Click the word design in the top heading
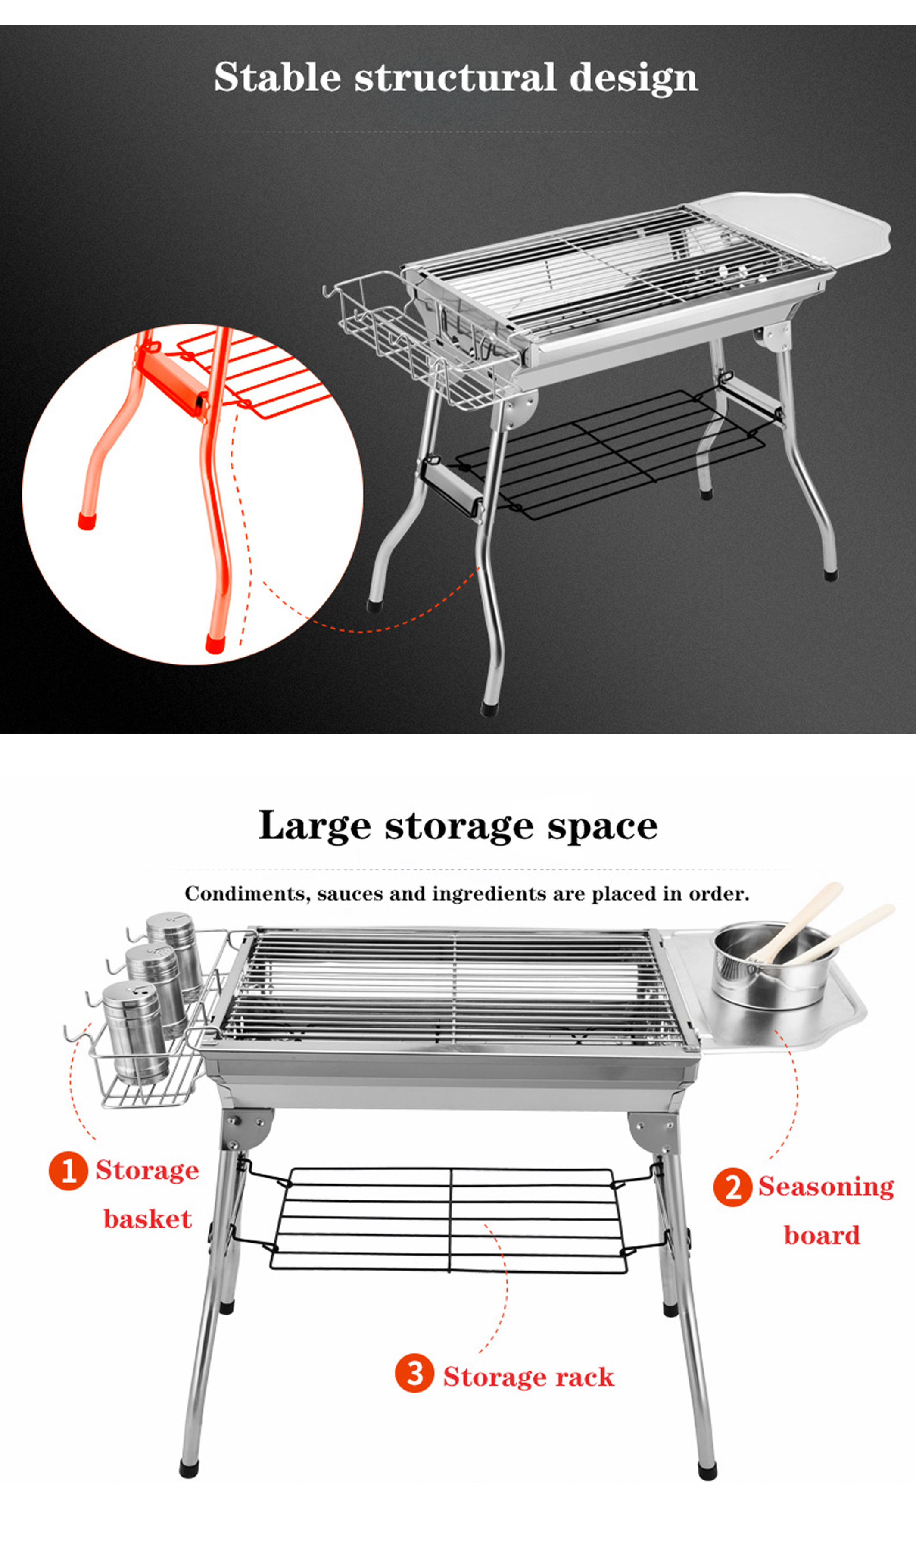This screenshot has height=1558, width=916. [633, 78]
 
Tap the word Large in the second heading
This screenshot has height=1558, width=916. [313, 826]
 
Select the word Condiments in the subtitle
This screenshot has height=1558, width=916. [247, 894]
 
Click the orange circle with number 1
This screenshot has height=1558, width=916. [68, 1171]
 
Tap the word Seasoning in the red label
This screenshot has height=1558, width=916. [826, 1187]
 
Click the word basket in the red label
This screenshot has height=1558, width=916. [148, 1219]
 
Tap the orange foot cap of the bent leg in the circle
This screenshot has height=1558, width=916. [87, 520]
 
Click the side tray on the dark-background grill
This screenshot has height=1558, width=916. [804, 229]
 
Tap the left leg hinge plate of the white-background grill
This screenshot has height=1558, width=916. [247, 1126]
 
